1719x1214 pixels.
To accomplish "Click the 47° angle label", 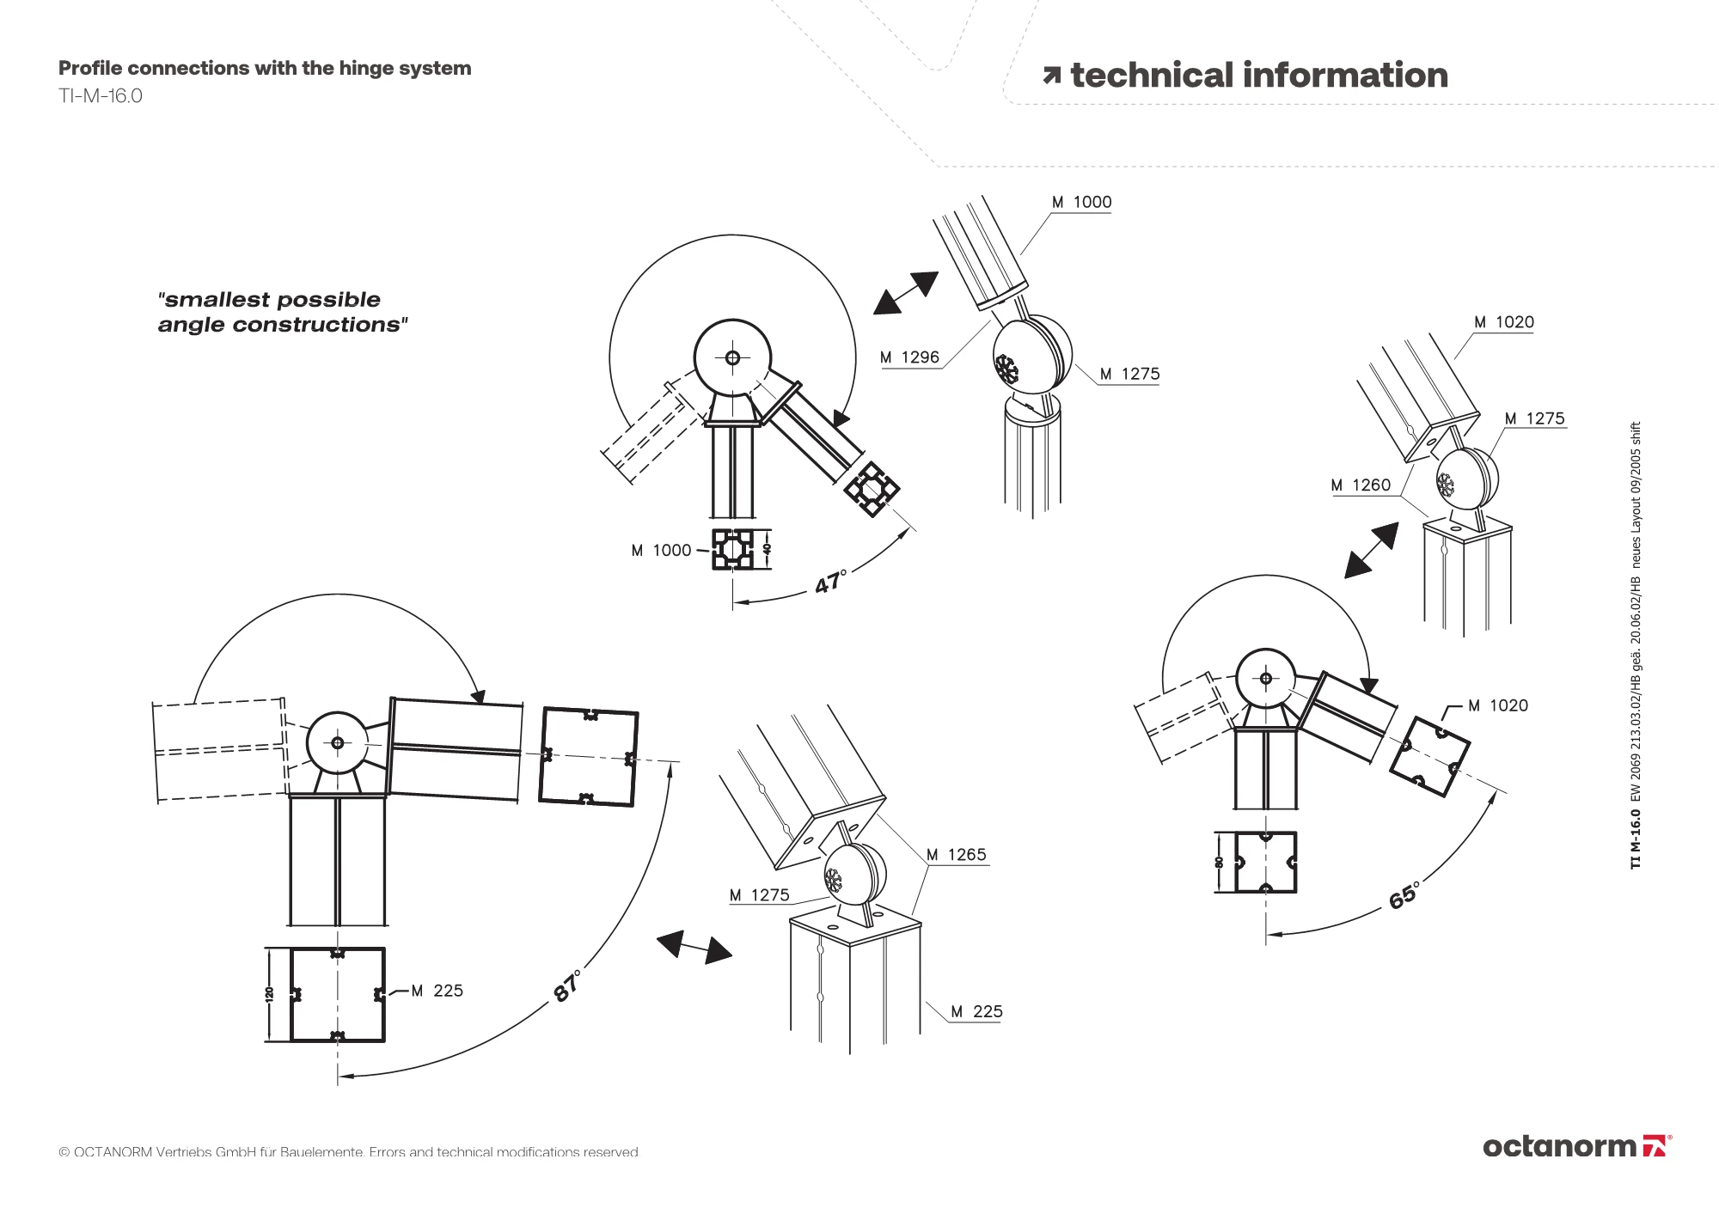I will point(830,582).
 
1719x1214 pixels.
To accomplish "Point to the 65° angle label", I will point(1404,895).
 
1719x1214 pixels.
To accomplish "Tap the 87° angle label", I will point(567,985).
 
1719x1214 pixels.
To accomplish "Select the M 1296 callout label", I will point(909,357).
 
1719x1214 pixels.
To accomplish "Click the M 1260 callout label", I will point(1360,485).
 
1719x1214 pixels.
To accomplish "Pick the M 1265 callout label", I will point(956,855).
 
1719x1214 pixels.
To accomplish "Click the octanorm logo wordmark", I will point(1559,1146).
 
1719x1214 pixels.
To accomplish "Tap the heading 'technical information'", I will point(1258,76).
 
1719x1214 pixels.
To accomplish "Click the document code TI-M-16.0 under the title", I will point(101,96).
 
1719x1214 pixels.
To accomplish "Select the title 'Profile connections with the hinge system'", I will point(265,69).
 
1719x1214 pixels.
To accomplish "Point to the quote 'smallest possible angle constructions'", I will point(282,312).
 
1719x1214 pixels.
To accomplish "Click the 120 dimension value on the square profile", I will point(269,994).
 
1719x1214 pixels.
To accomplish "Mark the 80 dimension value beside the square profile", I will point(1219,862).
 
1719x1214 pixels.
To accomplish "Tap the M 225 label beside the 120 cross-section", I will point(437,991).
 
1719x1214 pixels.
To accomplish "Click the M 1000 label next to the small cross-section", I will point(661,551).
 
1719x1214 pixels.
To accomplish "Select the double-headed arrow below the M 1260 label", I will point(1372,550).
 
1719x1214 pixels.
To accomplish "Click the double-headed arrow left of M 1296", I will point(905,293).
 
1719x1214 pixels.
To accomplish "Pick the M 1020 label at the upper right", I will point(1503,322).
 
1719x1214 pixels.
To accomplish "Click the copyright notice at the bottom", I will point(349,1152).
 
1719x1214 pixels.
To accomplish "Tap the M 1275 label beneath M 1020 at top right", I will point(1534,418).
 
